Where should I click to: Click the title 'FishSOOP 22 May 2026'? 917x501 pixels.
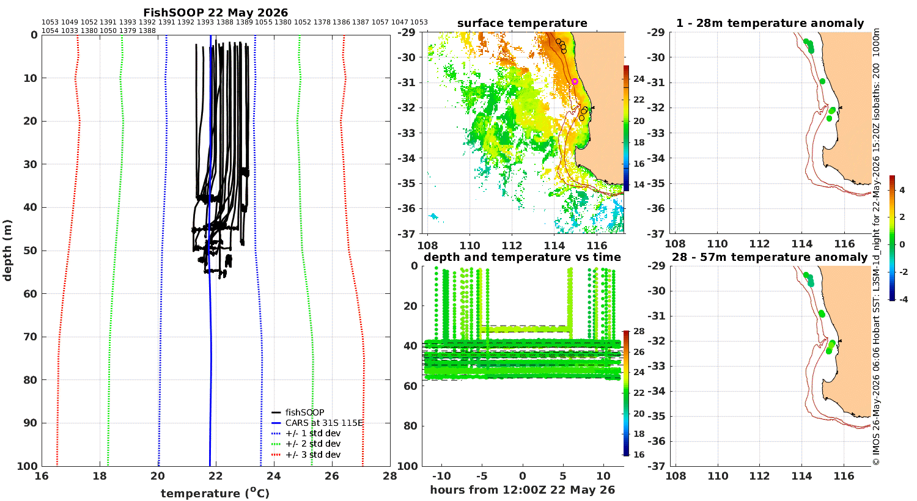pyautogui.click(x=215, y=12)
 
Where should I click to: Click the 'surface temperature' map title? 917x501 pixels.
pyautogui.click(x=522, y=23)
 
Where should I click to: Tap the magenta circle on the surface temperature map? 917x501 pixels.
pyautogui.click(x=575, y=81)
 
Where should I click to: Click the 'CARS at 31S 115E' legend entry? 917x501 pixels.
pyautogui.click(x=317, y=423)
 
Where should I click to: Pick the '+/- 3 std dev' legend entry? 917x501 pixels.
pyautogui.click(x=306, y=455)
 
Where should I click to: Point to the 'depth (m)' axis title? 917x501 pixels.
pyautogui.click(x=7, y=250)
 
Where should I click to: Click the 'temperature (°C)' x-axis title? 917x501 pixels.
pyautogui.click(x=215, y=493)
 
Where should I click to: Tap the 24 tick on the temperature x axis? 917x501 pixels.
pyautogui.click(x=273, y=476)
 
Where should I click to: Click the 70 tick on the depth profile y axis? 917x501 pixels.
pyautogui.click(x=31, y=337)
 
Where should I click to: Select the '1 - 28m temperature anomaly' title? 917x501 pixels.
pyautogui.click(x=770, y=23)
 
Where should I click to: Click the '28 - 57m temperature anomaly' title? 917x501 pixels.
pyautogui.click(x=770, y=257)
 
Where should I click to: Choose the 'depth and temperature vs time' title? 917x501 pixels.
pyautogui.click(x=522, y=257)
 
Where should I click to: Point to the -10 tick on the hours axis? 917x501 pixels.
pyautogui.click(x=441, y=476)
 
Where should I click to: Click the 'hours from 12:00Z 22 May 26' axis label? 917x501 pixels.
pyautogui.click(x=522, y=489)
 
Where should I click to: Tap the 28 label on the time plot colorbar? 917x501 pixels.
pyautogui.click(x=639, y=331)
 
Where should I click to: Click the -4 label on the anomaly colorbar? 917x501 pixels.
pyautogui.click(x=903, y=299)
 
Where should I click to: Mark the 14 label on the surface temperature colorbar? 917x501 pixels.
pyautogui.click(x=639, y=185)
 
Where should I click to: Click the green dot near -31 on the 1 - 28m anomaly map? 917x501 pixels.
pyautogui.click(x=822, y=81)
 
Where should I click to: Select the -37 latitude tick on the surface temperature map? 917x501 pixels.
pyautogui.click(x=406, y=233)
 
